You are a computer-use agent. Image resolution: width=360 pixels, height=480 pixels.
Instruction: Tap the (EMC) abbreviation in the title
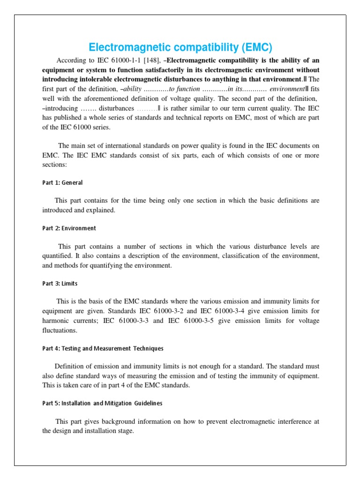[x=255, y=47]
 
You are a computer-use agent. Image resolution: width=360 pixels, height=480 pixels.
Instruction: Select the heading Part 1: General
[x=62, y=183]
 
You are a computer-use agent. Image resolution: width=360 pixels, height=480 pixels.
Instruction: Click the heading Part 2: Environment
[x=69, y=228]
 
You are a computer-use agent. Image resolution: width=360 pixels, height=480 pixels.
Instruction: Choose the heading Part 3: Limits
[x=60, y=284]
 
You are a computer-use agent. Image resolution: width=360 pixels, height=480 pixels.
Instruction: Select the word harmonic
[x=58, y=321]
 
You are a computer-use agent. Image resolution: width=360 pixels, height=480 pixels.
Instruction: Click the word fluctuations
[x=60, y=330]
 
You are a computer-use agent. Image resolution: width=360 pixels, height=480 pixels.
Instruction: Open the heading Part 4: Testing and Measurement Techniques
[x=103, y=348]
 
